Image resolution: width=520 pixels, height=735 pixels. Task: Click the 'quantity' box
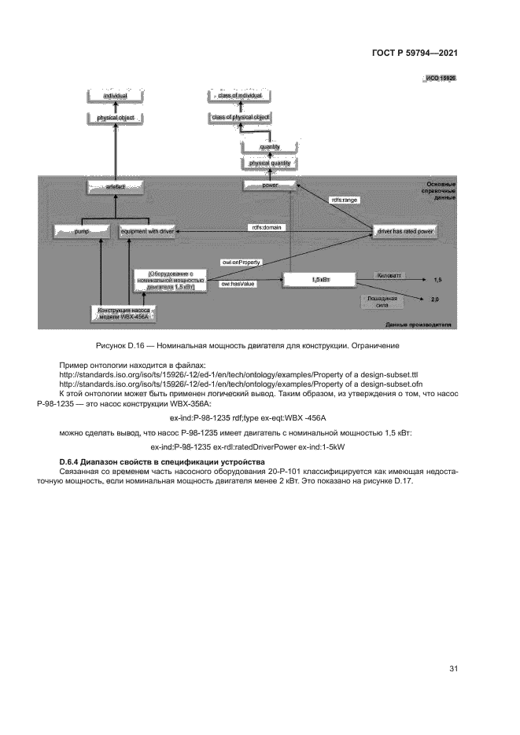tap(270, 147)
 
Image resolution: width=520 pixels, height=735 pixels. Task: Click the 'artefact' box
tap(116, 188)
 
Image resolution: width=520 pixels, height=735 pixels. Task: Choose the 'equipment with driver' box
tap(147, 232)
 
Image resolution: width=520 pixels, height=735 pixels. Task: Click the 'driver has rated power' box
tap(406, 232)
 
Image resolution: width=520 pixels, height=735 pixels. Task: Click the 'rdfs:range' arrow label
tap(344, 200)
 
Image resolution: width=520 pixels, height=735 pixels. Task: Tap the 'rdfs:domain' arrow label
tap(267, 227)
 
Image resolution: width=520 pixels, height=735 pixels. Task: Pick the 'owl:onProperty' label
tap(242, 260)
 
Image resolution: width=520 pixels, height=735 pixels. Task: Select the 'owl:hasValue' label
tap(238, 281)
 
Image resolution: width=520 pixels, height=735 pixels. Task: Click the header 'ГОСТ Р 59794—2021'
tap(415, 53)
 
